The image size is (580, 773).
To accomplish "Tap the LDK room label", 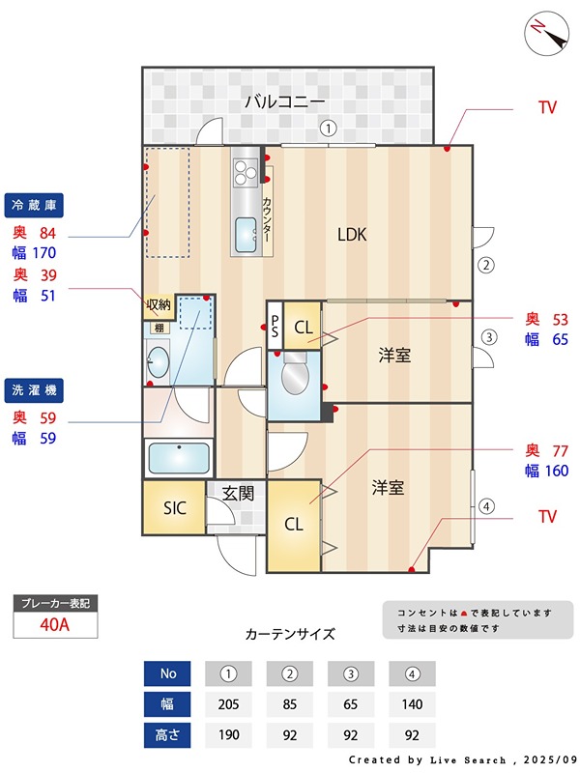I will pos(352,234).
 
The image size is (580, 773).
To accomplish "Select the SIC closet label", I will pos(174,507).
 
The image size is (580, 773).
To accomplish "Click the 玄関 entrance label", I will pos(238,493).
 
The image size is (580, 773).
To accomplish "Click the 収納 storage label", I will pos(159,305).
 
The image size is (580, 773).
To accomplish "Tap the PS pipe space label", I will pos(275,327).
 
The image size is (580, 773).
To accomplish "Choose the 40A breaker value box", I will pos(55,625).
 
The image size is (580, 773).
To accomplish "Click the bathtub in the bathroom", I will pos(178,456).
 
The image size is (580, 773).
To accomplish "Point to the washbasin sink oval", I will pos(159,364).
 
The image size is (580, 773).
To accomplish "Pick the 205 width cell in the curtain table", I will pos(228,704).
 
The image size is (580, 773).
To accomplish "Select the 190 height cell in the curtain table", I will pos(228,735).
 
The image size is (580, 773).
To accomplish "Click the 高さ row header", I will pos(167,735).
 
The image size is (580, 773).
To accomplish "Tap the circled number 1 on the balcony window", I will pos(329,127).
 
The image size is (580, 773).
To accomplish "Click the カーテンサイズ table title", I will pos(290,635).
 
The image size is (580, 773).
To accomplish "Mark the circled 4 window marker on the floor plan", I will pos(487,504).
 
